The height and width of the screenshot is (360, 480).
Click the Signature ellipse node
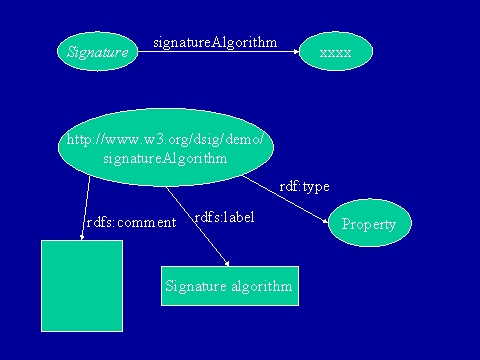click(97, 51)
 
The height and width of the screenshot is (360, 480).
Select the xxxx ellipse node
click(336, 51)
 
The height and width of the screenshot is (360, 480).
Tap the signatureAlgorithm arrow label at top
click(215, 42)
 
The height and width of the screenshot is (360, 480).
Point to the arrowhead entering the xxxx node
click(296, 51)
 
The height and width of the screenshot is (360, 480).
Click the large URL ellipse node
click(166, 147)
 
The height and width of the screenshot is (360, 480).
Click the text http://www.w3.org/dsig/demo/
click(165, 139)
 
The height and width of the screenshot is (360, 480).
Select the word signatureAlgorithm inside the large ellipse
click(165, 158)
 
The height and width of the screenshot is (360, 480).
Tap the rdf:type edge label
click(304, 187)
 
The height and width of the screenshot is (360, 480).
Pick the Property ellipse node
click(370, 223)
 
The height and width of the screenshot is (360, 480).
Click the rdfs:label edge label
click(224, 217)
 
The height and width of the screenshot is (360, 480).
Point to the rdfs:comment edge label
click(131, 222)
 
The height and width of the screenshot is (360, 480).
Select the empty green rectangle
click(82, 286)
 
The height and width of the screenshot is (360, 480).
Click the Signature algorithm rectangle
click(230, 286)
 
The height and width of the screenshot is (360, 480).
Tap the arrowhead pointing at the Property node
click(326, 221)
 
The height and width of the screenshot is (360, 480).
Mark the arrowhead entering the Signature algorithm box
click(227, 263)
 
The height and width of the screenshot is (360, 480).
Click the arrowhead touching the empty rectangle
click(82, 237)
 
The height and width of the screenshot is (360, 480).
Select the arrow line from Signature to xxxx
click(219, 51)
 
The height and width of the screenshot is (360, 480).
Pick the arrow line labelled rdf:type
click(286, 199)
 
